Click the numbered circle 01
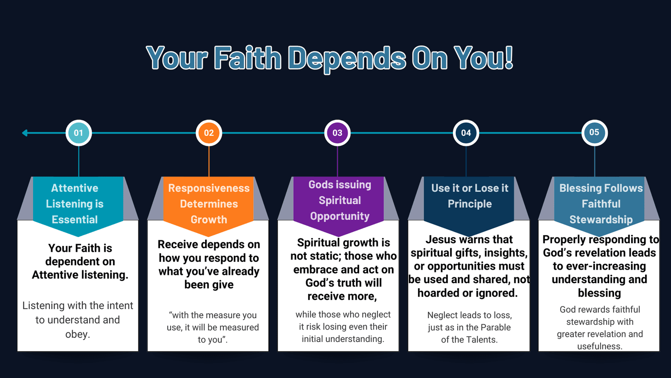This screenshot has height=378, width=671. coord(79,133)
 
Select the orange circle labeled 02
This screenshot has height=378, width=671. coord(209,133)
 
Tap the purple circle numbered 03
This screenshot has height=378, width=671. coord(337,133)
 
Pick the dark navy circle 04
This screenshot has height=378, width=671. coord(466,133)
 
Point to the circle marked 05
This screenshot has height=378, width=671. coord(594,133)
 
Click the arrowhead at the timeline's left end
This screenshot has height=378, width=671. coord(25,133)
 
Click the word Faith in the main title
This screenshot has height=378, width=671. coord(247,58)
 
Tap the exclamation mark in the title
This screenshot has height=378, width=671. coord(509,58)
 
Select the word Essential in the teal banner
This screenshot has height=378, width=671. coord(75,219)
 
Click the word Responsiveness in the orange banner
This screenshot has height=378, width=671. coord(209,188)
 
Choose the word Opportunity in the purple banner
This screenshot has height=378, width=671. coord(340,216)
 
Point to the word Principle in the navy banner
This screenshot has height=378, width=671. coord(470,204)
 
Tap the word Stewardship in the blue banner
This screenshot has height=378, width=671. coord(601,220)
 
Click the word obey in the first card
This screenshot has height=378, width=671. coord(77,334)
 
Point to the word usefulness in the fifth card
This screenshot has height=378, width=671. coord(600,346)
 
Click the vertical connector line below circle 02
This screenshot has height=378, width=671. coord(209,161)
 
